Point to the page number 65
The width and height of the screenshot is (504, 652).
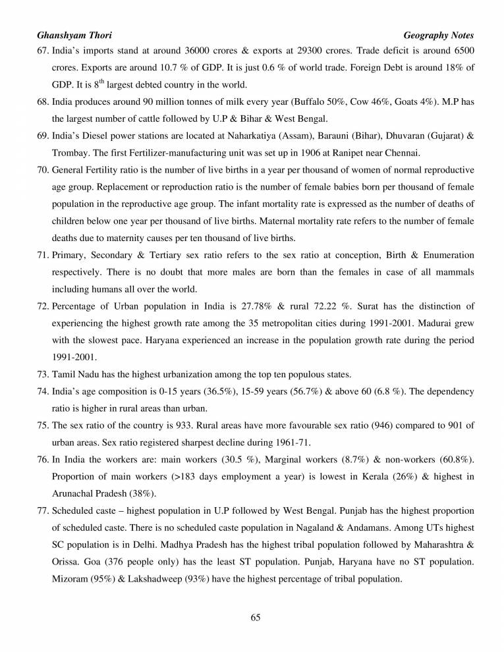pyautogui.click(x=256, y=617)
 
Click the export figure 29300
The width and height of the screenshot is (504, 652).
pyautogui.click(x=300, y=50)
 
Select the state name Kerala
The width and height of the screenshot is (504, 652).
pyautogui.click(x=350, y=476)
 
